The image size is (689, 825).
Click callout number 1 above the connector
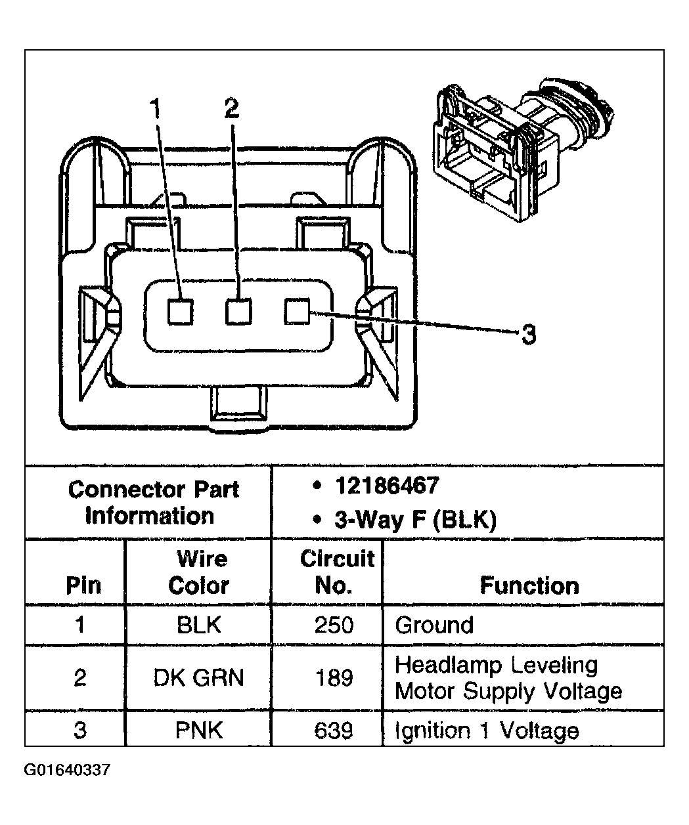pos(155,109)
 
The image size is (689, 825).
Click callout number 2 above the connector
pos(231,108)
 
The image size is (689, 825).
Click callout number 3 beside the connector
pos(529,335)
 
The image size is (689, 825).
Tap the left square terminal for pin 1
pos(180,312)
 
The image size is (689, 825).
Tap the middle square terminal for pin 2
pos(238,312)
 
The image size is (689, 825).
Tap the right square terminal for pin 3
pos(297,312)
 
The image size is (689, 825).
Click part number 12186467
pos(386,486)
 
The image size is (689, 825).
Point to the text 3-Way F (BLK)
pos(414,520)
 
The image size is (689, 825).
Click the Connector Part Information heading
pos(152,503)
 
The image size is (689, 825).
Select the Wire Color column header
pos(199,572)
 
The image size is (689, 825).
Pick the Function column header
pos(529,585)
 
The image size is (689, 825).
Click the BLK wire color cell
pos(199,624)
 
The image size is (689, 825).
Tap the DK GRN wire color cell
pos(199,677)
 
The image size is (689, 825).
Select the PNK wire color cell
pos(199,730)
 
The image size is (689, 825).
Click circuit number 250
pos(334,624)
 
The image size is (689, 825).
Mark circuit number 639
pos(334,730)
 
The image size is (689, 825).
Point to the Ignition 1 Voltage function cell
pos(487,730)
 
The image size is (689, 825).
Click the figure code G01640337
pos(68,769)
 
